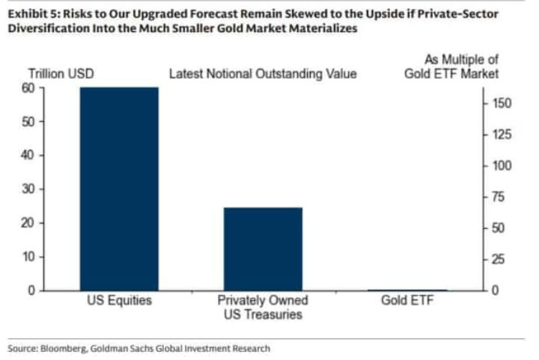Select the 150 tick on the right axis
(x=503, y=103)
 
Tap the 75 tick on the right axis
(x=500, y=197)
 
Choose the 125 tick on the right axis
(x=503, y=135)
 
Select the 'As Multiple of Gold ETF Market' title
(x=456, y=67)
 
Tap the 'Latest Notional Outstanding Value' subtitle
(x=263, y=74)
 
